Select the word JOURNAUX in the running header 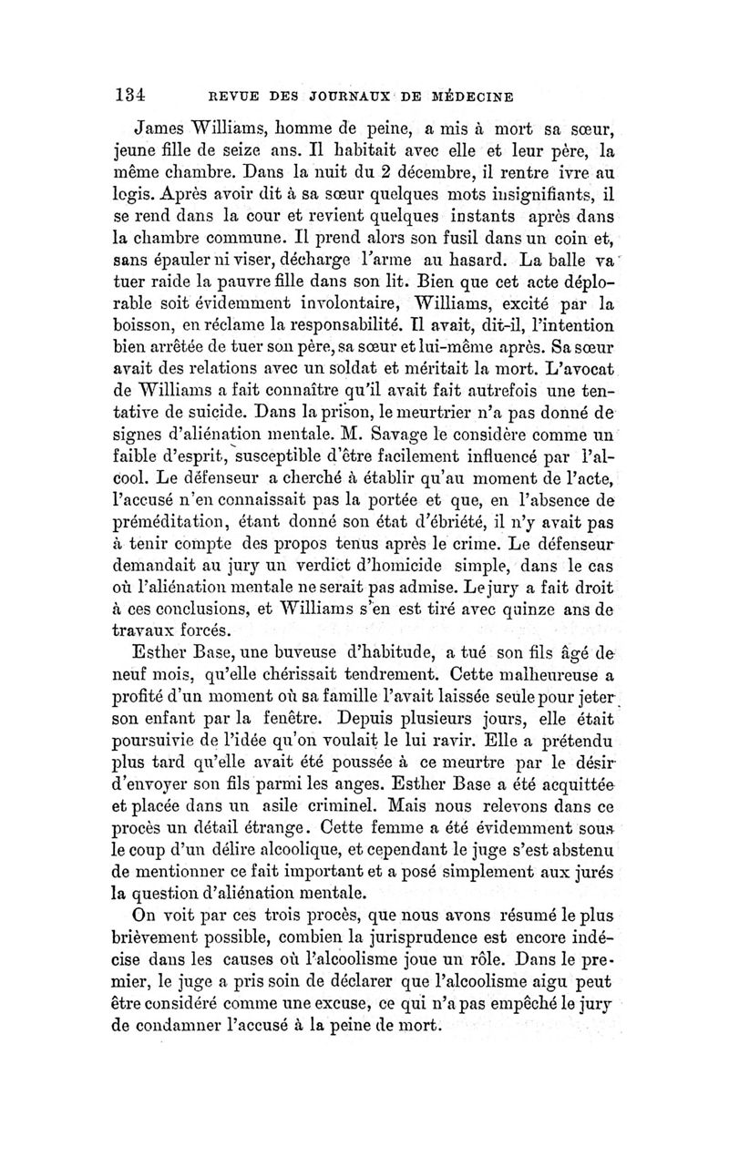coord(346,94)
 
